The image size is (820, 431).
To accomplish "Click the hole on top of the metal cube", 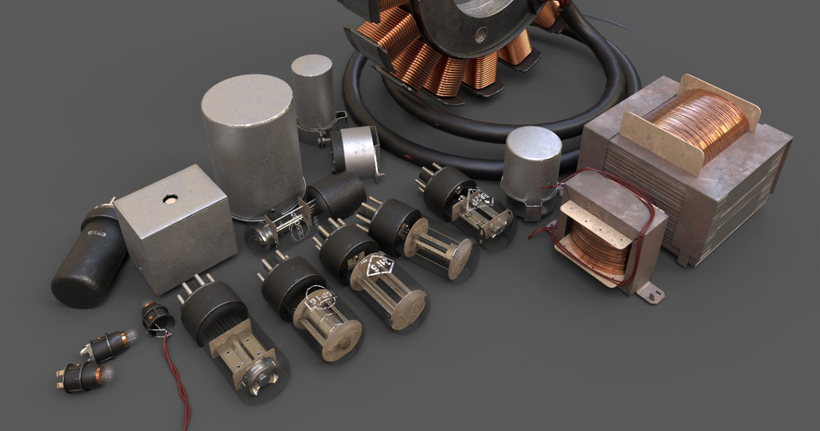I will coord(170,199).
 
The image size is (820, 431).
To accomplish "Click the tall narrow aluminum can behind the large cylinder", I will coord(312,89).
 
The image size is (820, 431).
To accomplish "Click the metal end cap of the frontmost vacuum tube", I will coord(264,374).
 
